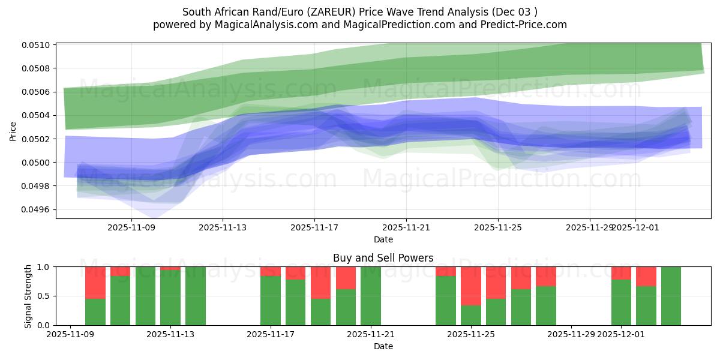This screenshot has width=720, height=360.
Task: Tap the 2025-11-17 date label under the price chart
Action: pos(314,227)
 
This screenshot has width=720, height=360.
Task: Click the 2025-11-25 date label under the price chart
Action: pos(497,227)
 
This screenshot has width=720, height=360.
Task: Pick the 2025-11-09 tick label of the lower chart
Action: pos(71,334)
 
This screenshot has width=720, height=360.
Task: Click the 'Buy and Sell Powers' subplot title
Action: pos(383,259)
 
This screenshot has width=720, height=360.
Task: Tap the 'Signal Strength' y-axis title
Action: pos(28,296)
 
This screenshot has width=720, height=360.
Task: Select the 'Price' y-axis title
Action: pos(13,131)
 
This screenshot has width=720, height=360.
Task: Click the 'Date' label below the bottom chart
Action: pos(383,346)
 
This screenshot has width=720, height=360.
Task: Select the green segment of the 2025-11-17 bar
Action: pos(271,301)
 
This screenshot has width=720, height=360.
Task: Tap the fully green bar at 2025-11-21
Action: pos(371,296)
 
